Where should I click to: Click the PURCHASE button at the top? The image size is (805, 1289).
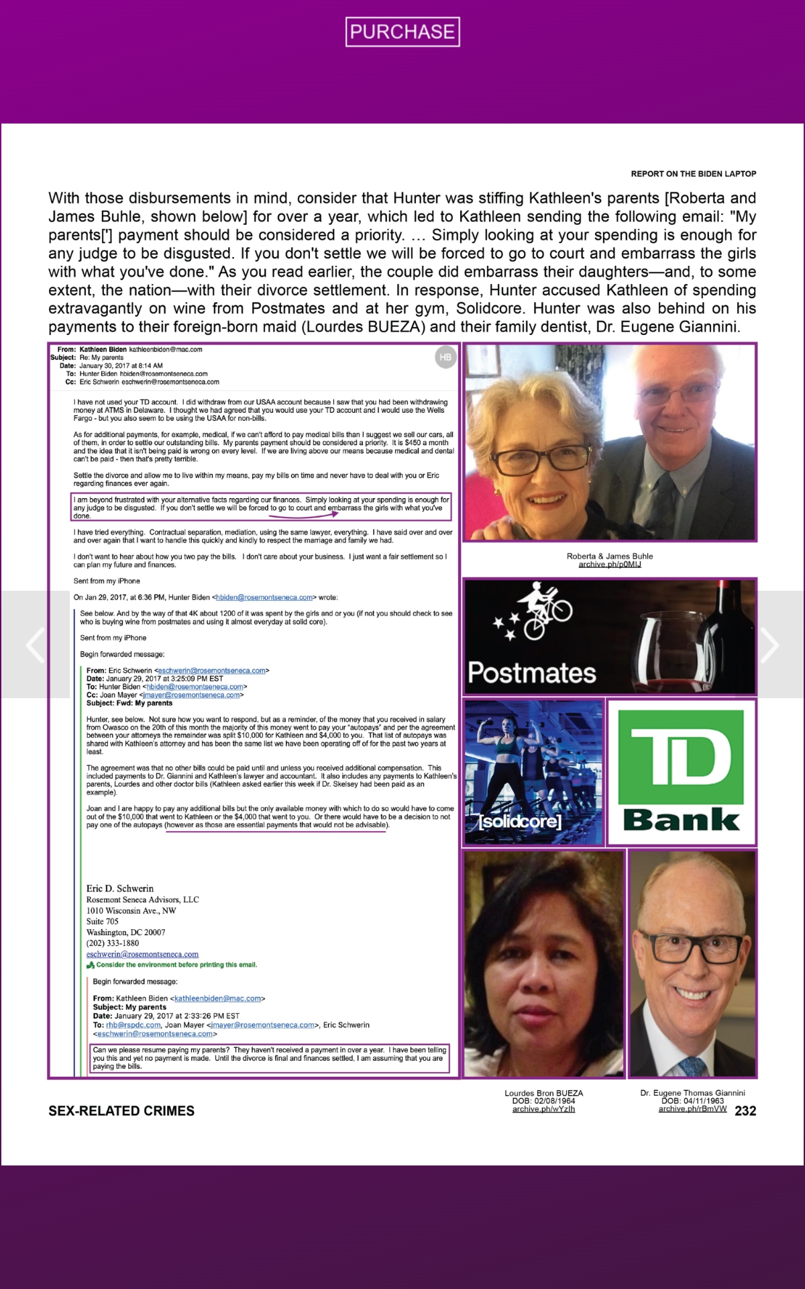tap(402, 32)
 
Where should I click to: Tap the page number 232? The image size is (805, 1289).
tap(745, 1111)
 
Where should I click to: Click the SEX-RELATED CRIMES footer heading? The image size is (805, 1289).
tap(121, 1111)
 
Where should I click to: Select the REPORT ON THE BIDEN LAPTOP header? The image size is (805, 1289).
tap(693, 174)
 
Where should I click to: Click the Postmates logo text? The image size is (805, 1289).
tap(532, 673)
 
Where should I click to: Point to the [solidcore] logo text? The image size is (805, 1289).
tap(520, 821)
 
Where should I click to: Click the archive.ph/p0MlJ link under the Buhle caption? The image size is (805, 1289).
tap(610, 565)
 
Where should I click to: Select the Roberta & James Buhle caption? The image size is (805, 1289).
tap(610, 556)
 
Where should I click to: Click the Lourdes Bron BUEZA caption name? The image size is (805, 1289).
tap(543, 1093)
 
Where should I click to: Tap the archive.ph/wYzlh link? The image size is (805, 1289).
tap(543, 1109)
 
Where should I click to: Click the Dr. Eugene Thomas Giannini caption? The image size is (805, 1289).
tap(692, 1093)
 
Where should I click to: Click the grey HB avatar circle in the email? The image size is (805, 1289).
tap(445, 357)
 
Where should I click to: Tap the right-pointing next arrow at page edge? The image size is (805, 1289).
tap(769, 645)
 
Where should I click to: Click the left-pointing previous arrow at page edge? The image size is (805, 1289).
tap(35, 645)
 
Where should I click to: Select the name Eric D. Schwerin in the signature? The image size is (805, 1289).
tap(120, 888)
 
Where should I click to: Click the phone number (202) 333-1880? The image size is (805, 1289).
tap(113, 943)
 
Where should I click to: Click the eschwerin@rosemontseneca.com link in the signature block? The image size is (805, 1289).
tap(142, 954)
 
